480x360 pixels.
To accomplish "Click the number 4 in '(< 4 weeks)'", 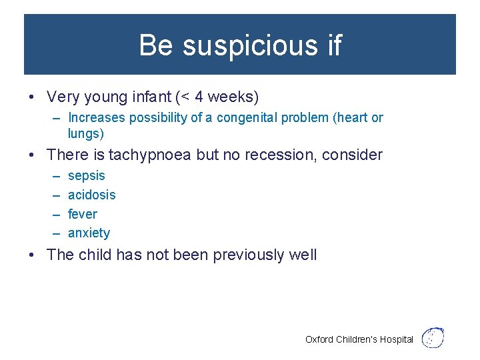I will pos(199,97).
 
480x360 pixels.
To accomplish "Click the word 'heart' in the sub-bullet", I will pos(353,118).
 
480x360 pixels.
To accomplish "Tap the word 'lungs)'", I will pos(86,133).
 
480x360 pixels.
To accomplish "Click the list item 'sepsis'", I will pos(87,176).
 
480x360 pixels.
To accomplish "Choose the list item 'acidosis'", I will pos(92,195).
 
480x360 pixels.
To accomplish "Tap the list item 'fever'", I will pos(83,214).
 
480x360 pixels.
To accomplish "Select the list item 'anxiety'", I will pos(89,233).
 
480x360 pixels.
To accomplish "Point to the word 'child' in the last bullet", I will pos(97,255).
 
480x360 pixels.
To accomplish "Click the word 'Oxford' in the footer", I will pos(319,339).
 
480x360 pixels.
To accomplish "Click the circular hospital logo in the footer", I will pos(434,337).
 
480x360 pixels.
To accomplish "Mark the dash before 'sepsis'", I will pos(55,176).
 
